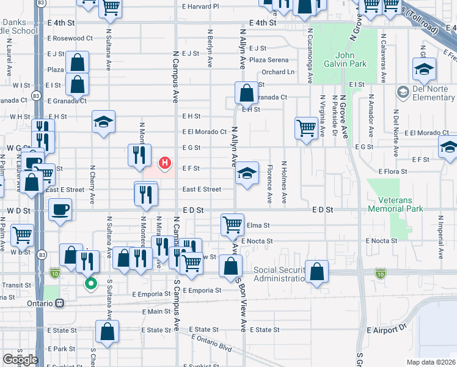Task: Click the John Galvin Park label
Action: coord(345,59)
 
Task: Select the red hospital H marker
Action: coord(164,163)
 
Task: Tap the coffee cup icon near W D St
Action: coord(60,210)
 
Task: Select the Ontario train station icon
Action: coord(59,303)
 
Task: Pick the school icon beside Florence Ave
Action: coord(247,173)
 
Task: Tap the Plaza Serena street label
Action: coord(268,60)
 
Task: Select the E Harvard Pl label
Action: coord(200,7)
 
